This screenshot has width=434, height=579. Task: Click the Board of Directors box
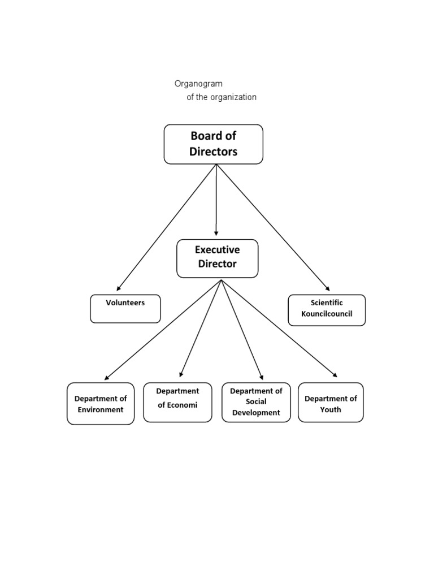pyautogui.click(x=213, y=144)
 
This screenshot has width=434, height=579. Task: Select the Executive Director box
pyautogui.click(x=217, y=258)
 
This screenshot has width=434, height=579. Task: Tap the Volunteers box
pyautogui.click(x=125, y=309)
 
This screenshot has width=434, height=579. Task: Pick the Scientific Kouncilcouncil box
pyautogui.click(x=327, y=310)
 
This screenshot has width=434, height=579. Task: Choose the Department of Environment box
pyautogui.click(x=101, y=404)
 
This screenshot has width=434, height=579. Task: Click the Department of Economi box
pyautogui.click(x=177, y=402)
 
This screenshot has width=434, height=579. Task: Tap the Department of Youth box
pyautogui.click(x=331, y=402)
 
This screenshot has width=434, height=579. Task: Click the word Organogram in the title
pyautogui.click(x=198, y=84)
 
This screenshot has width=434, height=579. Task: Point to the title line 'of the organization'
pyautogui.click(x=222, y=97)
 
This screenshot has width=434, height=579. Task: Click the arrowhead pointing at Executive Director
pyautogui.click(x=216, y=233)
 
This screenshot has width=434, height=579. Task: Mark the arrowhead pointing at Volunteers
pyautogui.click(x=119, y=288)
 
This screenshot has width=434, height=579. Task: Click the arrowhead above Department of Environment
pyautogui.click(x=107, y=377)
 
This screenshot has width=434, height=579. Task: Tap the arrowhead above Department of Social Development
pyautogui.click(x=262, y=376)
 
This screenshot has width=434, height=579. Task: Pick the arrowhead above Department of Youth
pyautogui.click(x=335, y=374)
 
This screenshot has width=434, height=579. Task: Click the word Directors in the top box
pyautogui.click(x=214, y=152)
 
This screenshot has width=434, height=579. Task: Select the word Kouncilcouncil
pyautogui.click(x=327, y=314)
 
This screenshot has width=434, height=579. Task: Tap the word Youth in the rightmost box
pyautogui.click(x=331, y=409)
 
